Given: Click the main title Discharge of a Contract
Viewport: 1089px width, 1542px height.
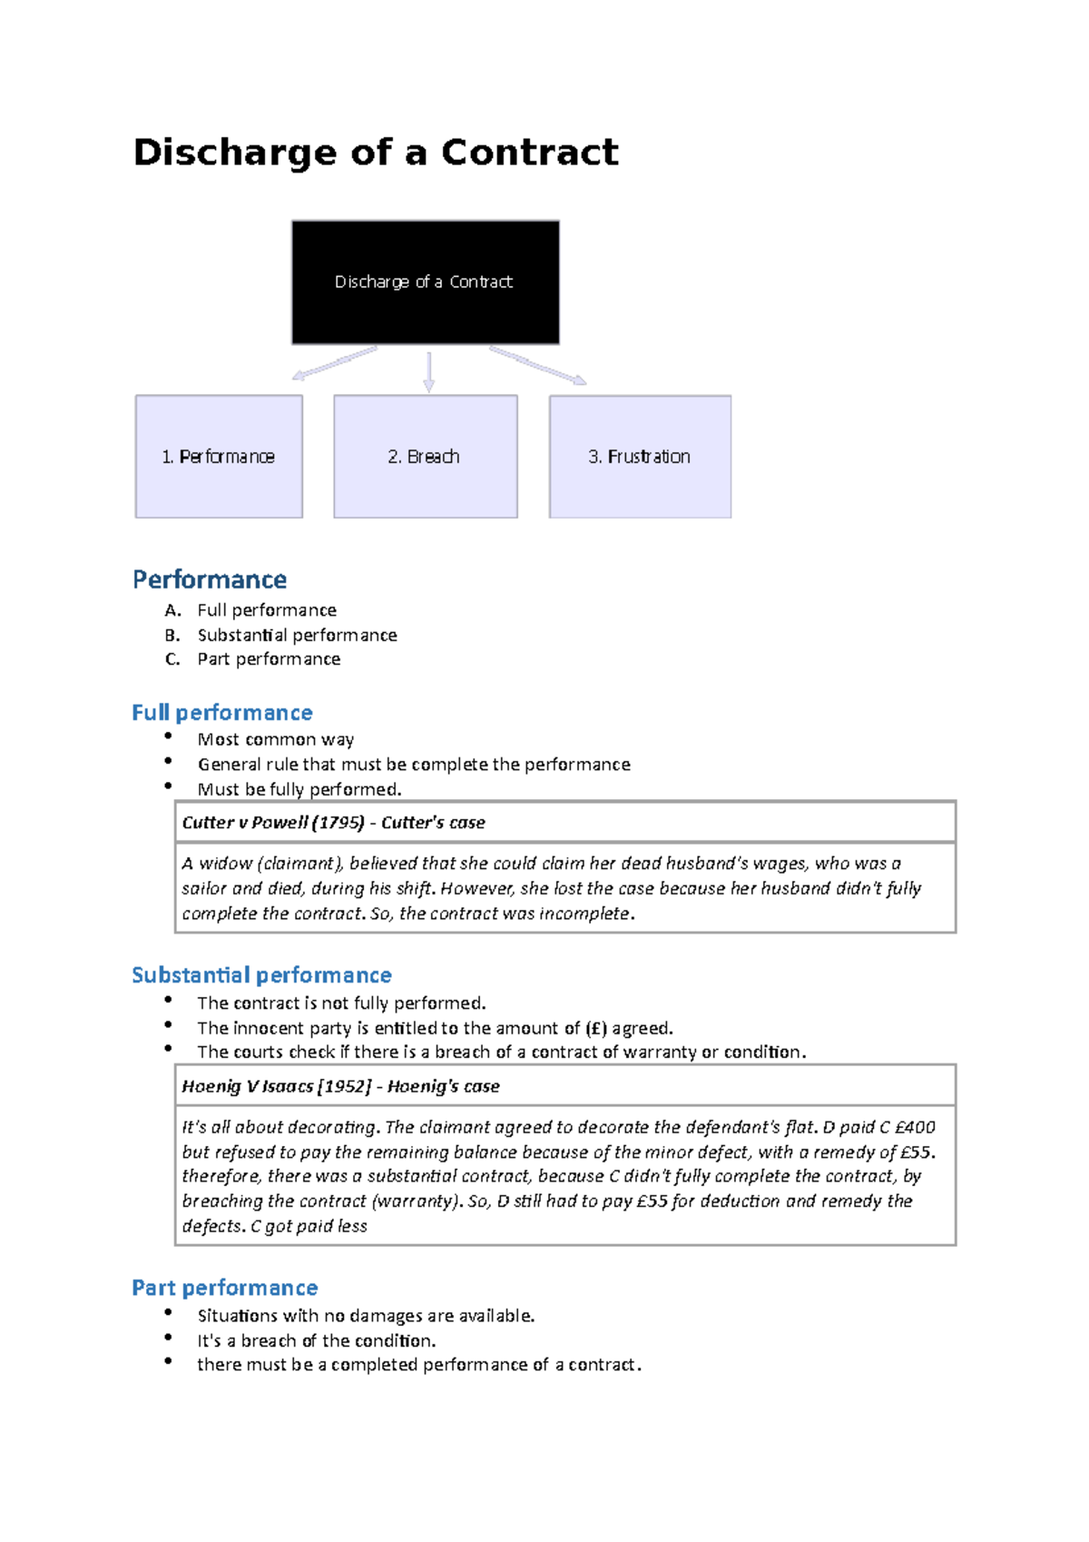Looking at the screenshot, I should (376, 153).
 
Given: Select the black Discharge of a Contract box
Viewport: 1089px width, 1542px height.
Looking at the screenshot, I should (425, 282).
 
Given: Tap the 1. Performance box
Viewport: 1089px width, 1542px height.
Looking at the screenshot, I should (219, 457).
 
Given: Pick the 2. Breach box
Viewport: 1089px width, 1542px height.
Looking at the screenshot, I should (425, 457).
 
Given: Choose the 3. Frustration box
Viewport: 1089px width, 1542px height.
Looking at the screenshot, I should (640, 457).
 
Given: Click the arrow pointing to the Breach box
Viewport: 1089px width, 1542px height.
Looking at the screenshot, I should (428, 372).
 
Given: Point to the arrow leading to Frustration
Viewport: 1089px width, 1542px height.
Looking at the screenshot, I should (538, 366).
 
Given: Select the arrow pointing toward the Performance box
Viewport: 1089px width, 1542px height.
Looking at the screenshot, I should (334, 363).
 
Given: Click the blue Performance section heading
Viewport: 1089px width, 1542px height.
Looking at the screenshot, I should (210, 579).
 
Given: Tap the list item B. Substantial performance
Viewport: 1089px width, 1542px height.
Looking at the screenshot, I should (297, 635).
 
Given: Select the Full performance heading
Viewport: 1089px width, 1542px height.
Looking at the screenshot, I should (222, 713).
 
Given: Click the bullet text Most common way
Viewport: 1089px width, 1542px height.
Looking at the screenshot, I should (276, 740).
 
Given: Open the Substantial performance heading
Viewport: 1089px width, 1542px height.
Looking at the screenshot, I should (261, 975).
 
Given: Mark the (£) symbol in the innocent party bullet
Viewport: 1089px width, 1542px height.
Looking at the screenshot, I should (596, 1028).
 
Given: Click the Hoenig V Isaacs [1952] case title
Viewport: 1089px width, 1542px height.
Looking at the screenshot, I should (277, 1087).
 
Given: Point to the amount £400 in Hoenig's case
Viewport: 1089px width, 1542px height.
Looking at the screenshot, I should (915, 1128).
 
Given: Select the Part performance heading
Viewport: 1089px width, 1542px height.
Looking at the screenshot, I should (225, 1288).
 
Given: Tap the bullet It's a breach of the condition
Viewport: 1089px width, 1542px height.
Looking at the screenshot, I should (317, 1341).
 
